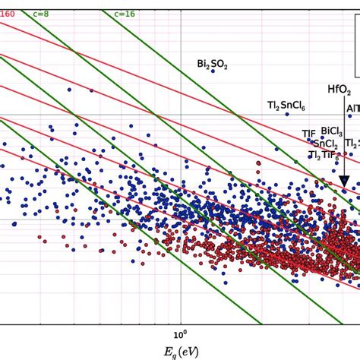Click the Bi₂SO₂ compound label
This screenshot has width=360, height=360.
point(212,65)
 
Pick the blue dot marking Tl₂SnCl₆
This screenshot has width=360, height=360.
point(287,115)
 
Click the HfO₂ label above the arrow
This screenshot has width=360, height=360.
point(339,89)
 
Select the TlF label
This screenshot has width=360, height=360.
point(308,134)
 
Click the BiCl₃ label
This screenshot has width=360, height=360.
point(333,131)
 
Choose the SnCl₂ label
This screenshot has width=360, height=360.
point(325,144)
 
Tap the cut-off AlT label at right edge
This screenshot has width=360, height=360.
point(353,109)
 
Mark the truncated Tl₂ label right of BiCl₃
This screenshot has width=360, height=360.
point(352,143)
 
